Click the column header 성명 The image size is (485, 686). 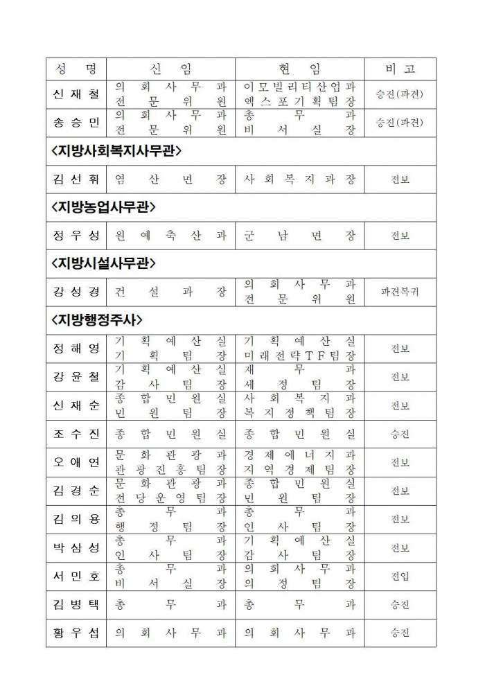coord(76,69)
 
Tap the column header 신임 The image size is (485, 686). coord(170,69)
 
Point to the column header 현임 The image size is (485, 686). coord(299,69)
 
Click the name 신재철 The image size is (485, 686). coord(76,94)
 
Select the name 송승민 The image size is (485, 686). coord(76,123)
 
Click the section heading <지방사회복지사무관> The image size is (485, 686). coord(121,151)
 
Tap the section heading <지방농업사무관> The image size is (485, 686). coord(103,207)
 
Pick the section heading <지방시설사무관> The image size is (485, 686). coord(103,263)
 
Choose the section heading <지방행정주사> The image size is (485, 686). coord(97,319)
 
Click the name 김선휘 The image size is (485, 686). coord(76,179)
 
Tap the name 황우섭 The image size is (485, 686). coord(76,632)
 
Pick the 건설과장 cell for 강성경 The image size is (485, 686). coord(170,292)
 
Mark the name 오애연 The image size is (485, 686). coord(76,462)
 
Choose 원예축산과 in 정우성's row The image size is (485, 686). coord(170,236)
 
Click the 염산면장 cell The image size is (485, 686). coord(170,179)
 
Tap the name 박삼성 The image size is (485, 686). coord(76,547)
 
